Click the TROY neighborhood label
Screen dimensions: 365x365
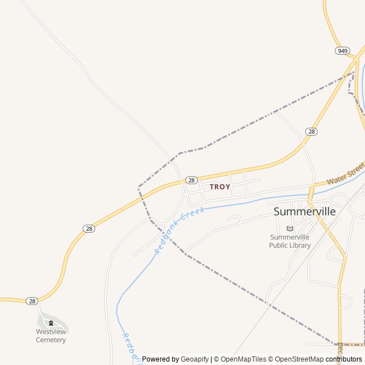click(x=220, y=186)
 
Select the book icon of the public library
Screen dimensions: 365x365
click(x=290, y=229)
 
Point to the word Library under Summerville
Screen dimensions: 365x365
click(x=301, y=245)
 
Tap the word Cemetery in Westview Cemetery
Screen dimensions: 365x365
click(x=51, y=340)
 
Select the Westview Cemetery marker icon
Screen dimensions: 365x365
click(x=51, y=322)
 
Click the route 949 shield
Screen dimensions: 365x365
click(x=342, y=51)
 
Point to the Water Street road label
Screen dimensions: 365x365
click(x=346, y=173)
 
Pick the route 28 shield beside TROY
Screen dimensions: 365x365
click(x=192, y=180)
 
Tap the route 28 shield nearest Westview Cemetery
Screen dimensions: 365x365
click(x=32, y=301)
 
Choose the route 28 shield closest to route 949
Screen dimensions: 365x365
click(x=311, y=131)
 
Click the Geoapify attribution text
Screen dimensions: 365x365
click(x=194, y=359)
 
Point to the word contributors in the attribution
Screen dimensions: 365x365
click(x=344, y=359)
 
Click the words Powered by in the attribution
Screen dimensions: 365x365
click(x=160, y=359)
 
